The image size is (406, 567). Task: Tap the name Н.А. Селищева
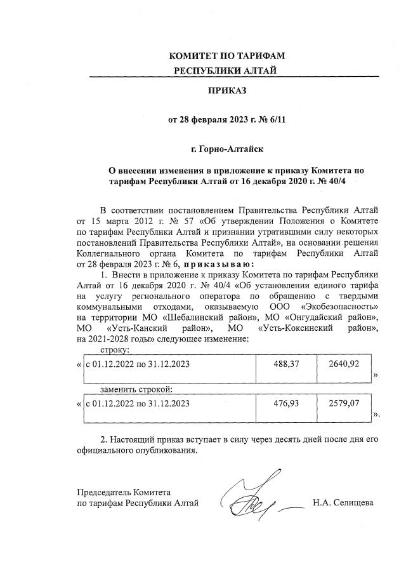343,504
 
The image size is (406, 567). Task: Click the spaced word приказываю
219,263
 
